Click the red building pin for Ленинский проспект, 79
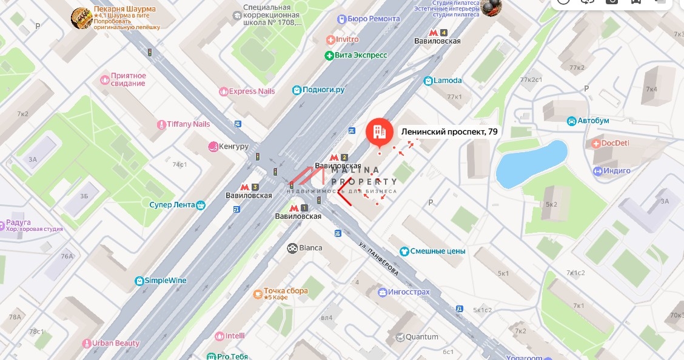point(379,132)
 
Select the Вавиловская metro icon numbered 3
point(245,187)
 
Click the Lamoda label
point(448,81)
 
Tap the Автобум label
point(592,121)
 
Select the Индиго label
point(617,171)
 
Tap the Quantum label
point(421,337)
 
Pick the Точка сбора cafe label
point(286,292)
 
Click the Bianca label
point(310,248)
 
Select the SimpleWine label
point(165,281)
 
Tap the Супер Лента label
point(172,205)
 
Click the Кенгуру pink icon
point(213,147)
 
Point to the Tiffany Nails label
point(188,124)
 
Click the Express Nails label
point(252,92)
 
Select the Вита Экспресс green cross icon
point(329,55)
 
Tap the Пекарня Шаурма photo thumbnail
point(81,18)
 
